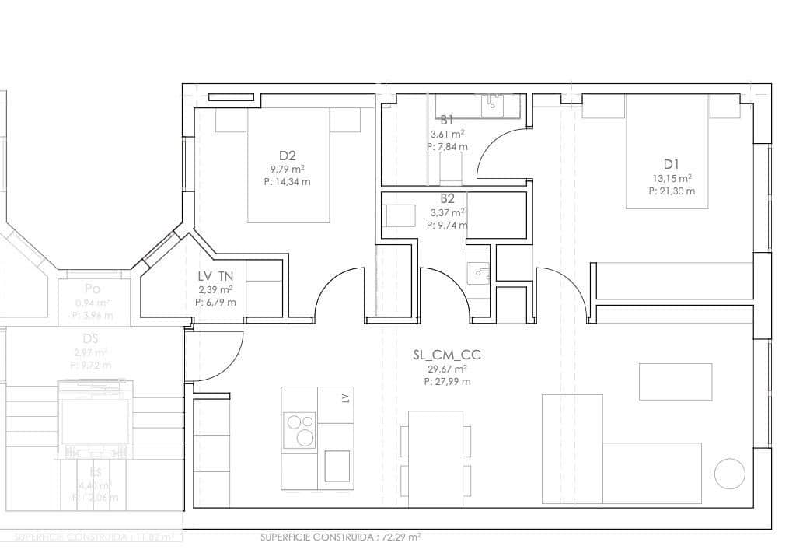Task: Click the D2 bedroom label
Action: tap(287, 154)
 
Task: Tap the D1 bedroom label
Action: tap(672, 163)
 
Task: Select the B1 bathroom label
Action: tap(447, 120)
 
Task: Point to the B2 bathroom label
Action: tap(447, 198)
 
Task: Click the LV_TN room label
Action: tap(215, 276)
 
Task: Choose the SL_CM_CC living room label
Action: tap(447, 355)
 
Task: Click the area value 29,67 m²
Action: tap(447, 369)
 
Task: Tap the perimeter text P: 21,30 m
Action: tap(672, 191)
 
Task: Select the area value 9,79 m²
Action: tap(287, 168)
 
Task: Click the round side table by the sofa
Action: tap(729, 473)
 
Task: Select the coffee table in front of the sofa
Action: tap(675, 381)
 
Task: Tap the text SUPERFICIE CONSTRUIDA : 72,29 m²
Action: tap(340, 537)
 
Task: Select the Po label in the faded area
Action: tap(93, 289)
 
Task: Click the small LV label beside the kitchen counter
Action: tap(346, 399)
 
